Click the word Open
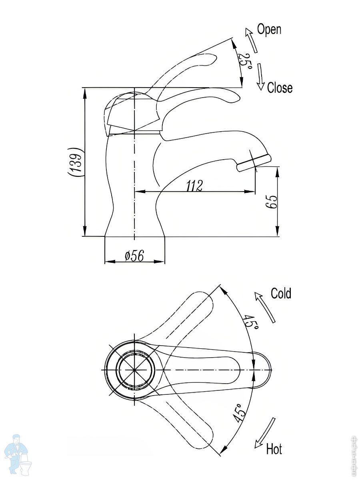tap(269, 30)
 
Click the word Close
tap(280, 88)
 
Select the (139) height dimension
tap(76, 161)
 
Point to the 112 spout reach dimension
tap(194, 185)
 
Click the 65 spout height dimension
tap(272, 202)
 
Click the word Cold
tap(281, 293)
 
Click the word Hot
tap(274, 449)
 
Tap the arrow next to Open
tap(251, 40)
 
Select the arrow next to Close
tap(261, 76)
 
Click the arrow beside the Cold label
tap(265, 307)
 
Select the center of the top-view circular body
tap(135, 370)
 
